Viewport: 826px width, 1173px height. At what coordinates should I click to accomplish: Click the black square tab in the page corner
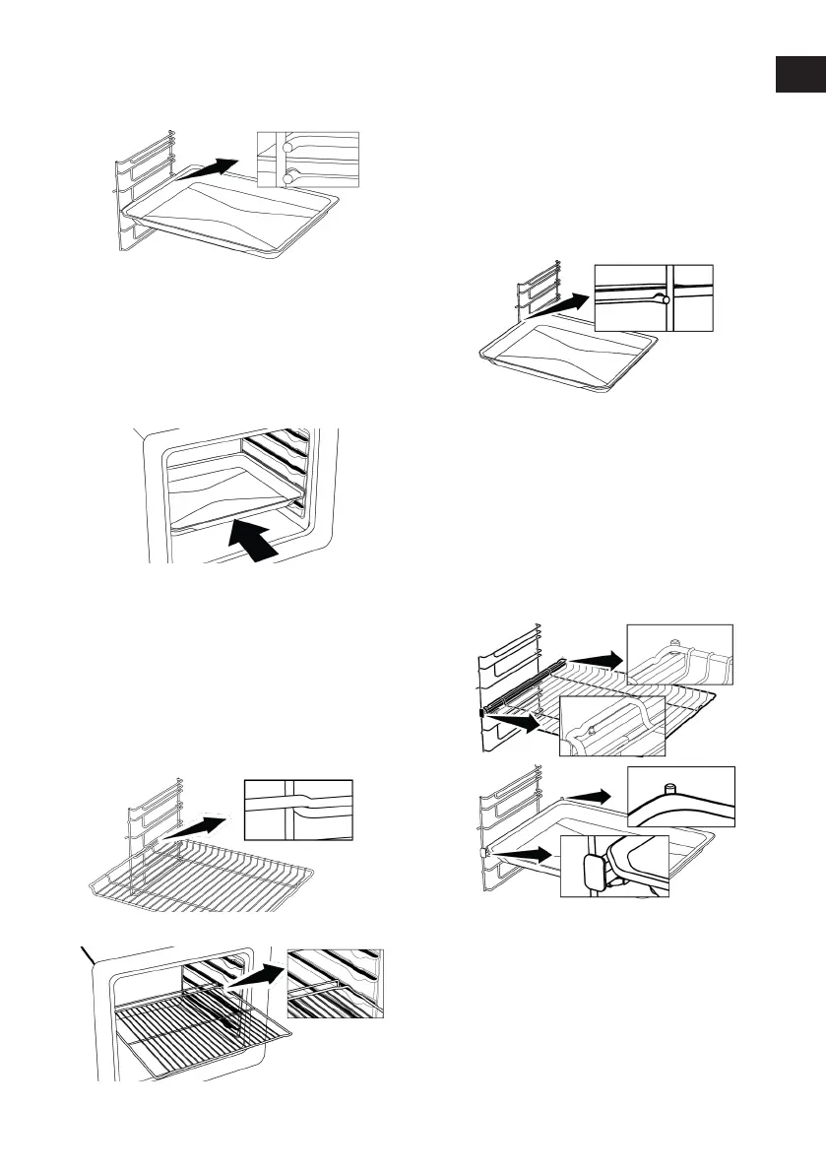click(798, 75)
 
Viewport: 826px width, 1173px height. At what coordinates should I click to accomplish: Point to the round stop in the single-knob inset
click(666, 298)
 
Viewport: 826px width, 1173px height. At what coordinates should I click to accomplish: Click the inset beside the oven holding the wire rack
click(335, 982)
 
